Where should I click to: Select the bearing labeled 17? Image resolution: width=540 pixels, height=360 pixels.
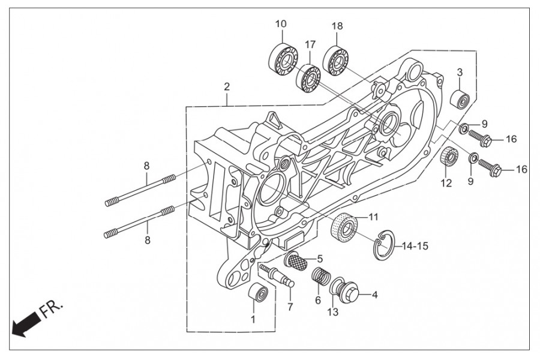point(308,79)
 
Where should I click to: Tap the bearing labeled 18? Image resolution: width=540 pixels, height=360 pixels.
point(335,61)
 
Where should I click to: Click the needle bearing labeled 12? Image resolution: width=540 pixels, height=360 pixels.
point(449,156)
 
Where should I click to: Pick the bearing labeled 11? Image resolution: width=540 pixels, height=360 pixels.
point(344,227)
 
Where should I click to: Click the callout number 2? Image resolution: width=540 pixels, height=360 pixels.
point(227,86)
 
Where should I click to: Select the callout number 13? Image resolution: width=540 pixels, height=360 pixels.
point(332,312)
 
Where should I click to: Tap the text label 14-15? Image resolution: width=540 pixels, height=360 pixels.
point(415,246)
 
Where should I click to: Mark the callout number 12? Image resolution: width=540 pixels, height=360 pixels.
point(446,183)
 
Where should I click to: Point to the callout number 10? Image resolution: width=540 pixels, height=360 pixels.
point(281,24)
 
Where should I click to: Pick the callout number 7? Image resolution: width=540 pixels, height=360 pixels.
point(290,307)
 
